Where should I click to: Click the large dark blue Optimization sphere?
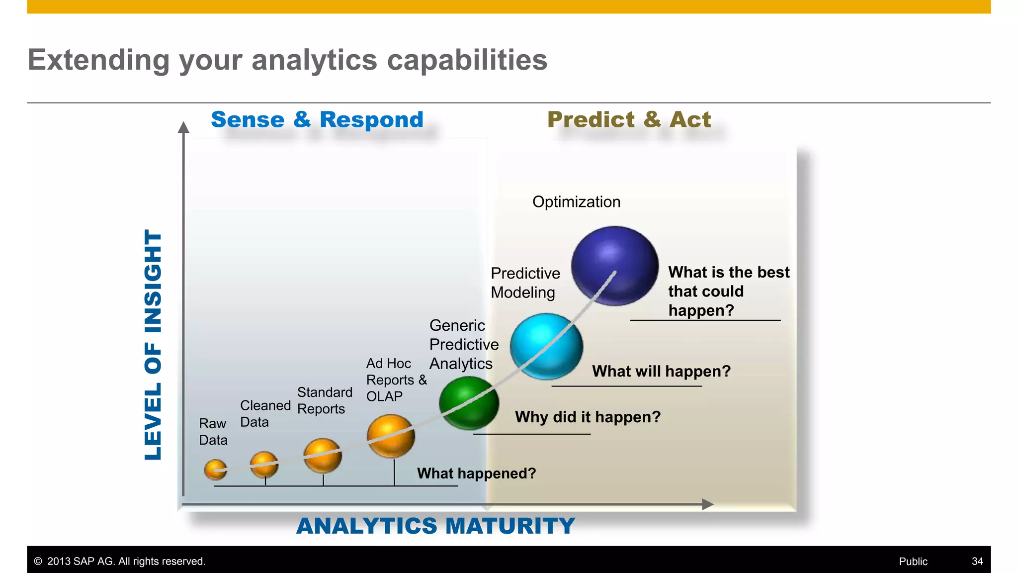(x=615, y=266)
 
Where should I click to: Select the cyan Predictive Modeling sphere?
(x=546, y=347)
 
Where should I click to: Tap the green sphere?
(x=469, y=403)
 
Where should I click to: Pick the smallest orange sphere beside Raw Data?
(x=215, y=470)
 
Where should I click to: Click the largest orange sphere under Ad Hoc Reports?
(x=391, y=436)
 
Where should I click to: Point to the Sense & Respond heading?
(x=317, y=120)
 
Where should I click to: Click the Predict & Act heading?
(x=629, y=120)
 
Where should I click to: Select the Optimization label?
(x=576, y=202)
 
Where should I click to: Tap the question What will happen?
(x=661, y=372)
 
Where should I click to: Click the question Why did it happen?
(x=588, y=417)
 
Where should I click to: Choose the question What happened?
(x=476, y=474)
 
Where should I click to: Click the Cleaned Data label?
(x=265, y=414)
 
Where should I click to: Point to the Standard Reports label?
(x=325, y=400)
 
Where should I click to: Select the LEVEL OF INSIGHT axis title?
(x=153, y=344)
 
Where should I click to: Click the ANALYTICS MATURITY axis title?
(x=435, y=526)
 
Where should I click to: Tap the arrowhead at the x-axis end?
(x=708, y=504)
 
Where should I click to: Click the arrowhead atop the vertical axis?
(x=183, y=128)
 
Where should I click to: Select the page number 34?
(x=977, y=562)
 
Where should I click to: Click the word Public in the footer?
(x=913, y=562)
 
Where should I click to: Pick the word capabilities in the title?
(x=467, y=60)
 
